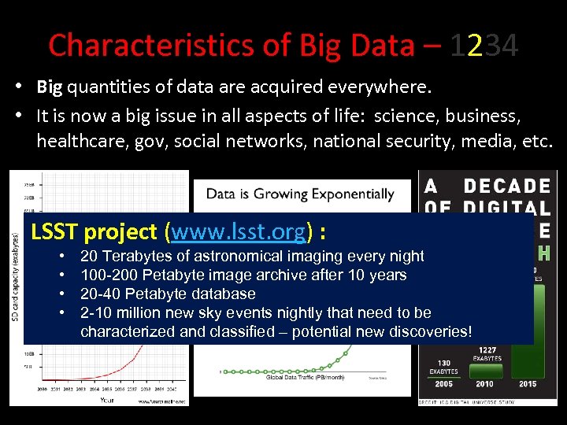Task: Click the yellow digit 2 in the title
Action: click(x=474, y=46)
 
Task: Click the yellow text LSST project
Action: click(x=94, y=231)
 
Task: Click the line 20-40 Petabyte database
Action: click(x=168, y=294)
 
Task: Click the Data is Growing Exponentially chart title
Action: click(x=300, y=194)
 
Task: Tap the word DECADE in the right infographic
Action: click(x=507, y=186)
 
